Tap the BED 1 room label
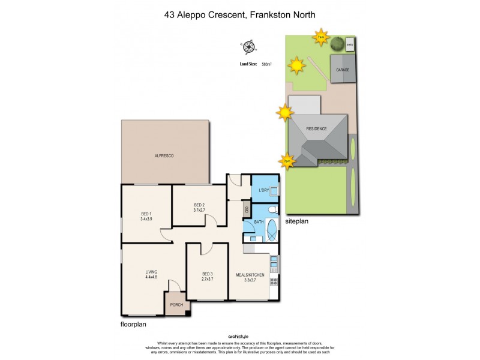(146, 214)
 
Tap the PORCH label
(176, 305)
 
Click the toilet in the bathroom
(272, 211)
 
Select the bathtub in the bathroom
(271, 230)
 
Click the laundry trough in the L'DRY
(274, 191)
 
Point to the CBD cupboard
(246, 211)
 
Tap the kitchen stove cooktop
(274, 281)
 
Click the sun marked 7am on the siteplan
(322, 37)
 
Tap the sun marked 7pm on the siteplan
(287, 161)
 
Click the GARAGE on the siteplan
(343, 70)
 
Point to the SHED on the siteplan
(350, 44)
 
